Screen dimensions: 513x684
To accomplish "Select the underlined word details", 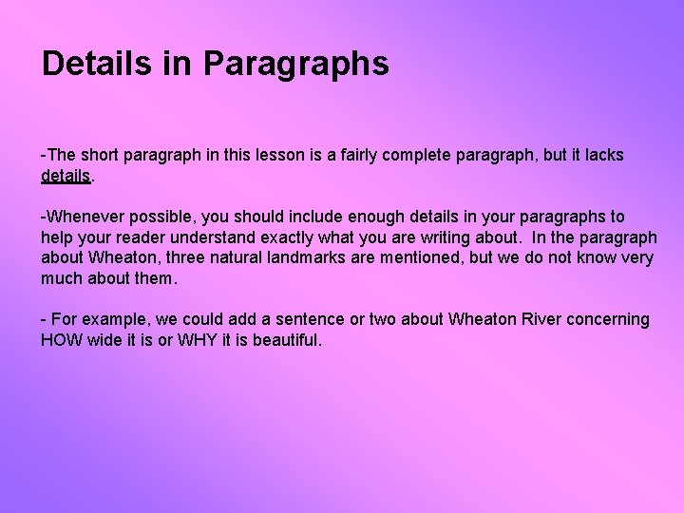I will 66,176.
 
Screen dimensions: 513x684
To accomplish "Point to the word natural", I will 245,258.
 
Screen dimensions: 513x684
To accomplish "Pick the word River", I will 541,320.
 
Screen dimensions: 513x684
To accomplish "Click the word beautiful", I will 288,340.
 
